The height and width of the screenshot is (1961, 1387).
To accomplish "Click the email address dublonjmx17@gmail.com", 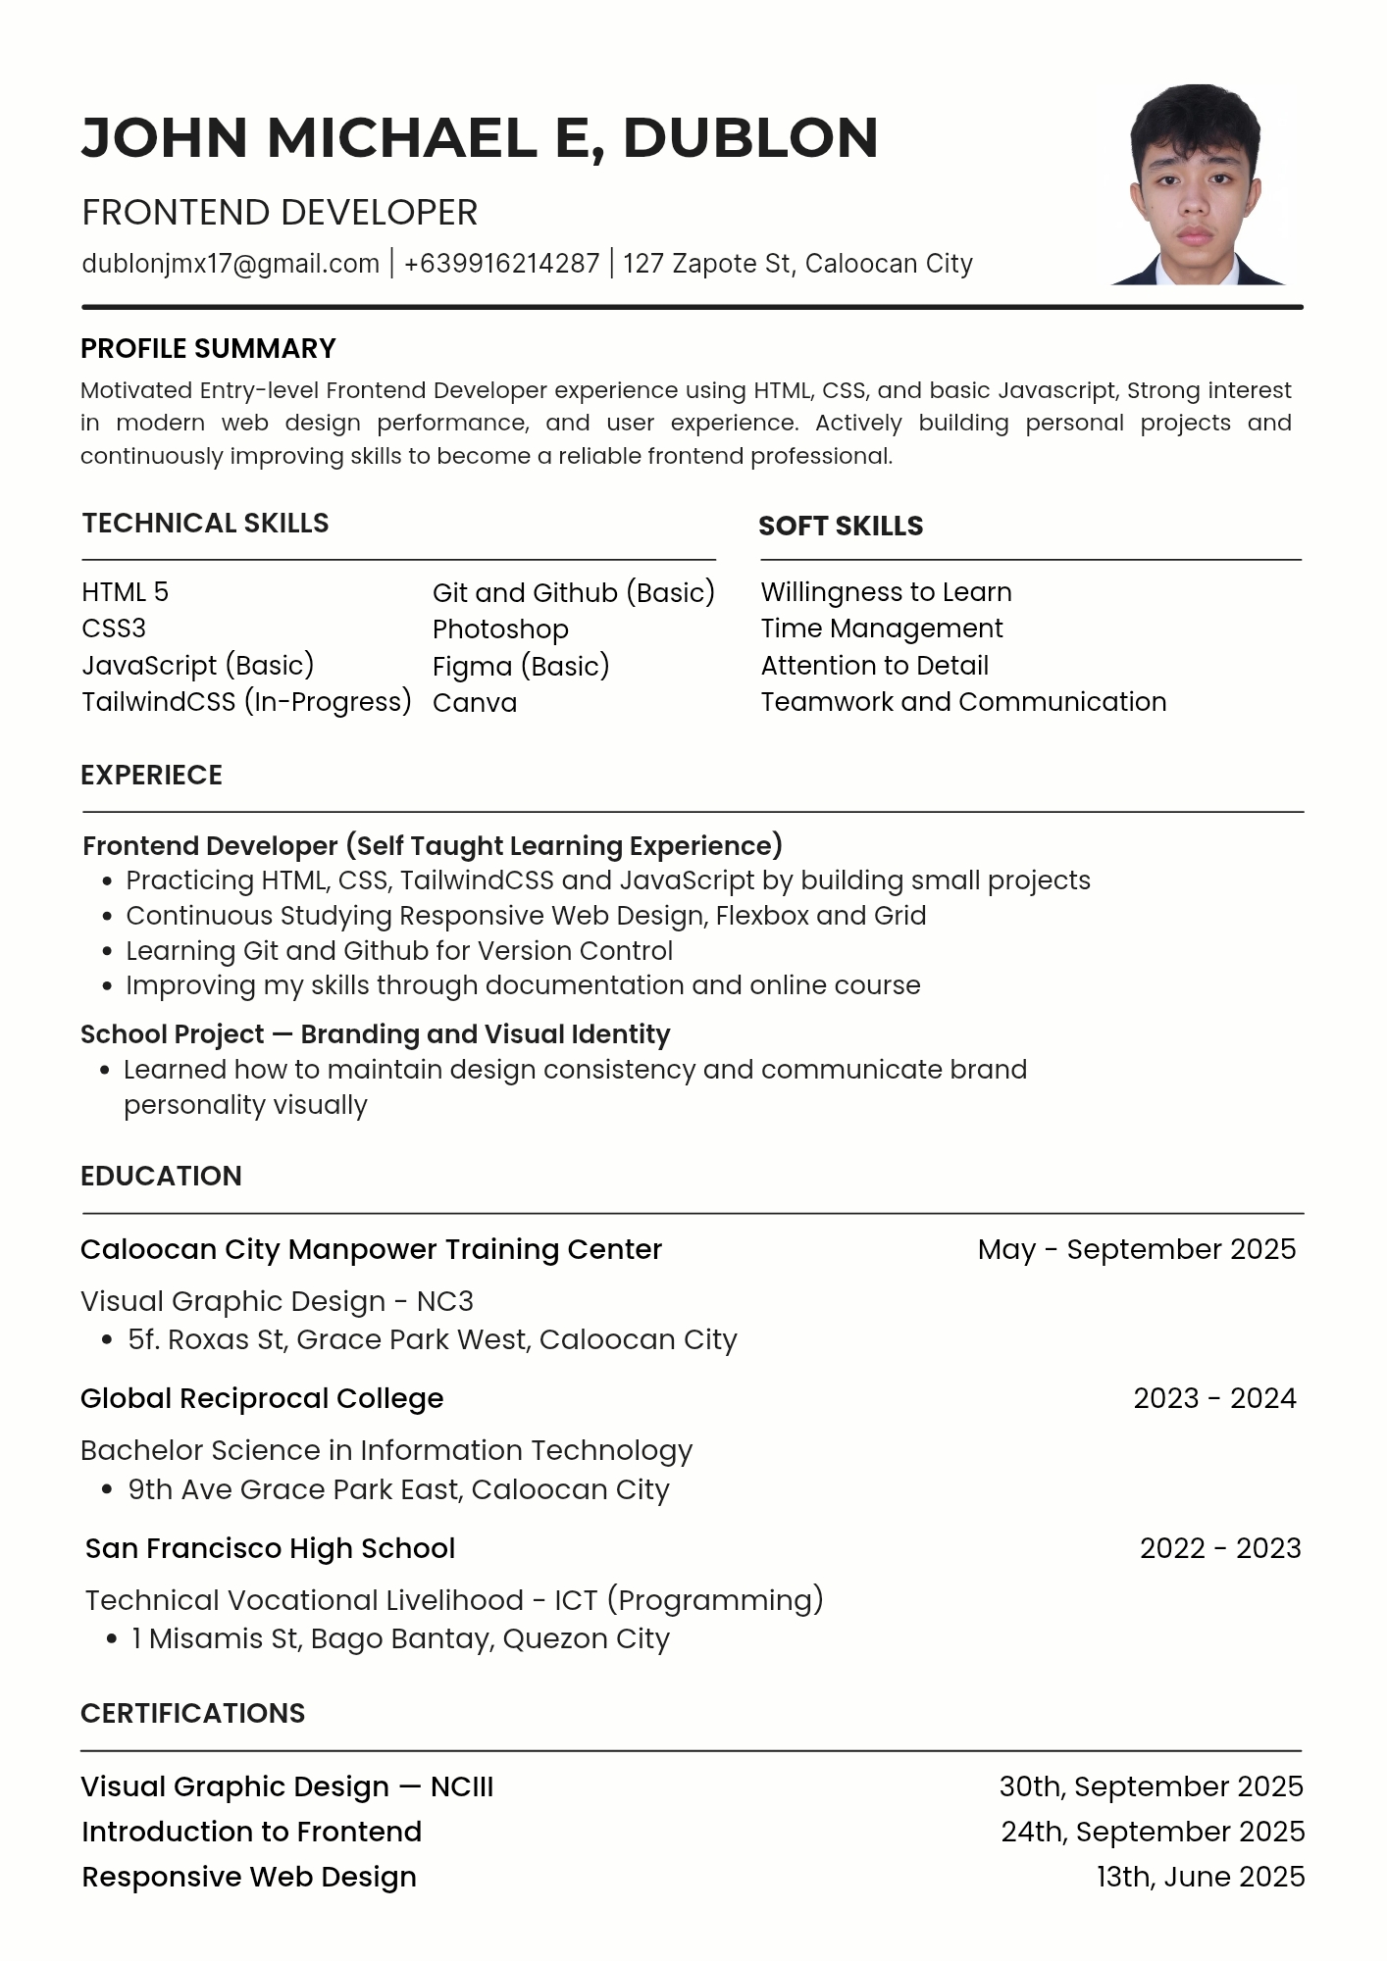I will point(231,264).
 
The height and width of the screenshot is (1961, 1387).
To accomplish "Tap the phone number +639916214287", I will point(501,264).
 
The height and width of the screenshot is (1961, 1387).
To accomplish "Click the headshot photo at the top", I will point(1196,185).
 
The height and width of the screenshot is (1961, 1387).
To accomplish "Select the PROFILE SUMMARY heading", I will point(208,349).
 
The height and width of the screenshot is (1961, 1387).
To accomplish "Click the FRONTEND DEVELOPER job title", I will point(280,213).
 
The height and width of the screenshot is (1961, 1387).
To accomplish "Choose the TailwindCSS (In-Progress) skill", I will point(246,702).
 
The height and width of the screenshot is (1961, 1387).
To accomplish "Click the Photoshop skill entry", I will point(500,629).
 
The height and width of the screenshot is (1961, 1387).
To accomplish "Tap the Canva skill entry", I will point(475,703).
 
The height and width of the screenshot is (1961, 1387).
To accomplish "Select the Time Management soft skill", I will point(882,629).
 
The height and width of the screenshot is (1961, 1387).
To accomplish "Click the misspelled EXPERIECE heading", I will point(151,776).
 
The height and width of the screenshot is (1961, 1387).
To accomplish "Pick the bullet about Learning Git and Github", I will point(399,951).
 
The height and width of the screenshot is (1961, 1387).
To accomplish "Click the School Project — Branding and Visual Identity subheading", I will point(375,1034).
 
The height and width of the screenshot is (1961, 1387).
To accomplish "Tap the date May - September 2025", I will point(1136,1249).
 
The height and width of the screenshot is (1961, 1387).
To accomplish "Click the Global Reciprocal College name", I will point(262,1398).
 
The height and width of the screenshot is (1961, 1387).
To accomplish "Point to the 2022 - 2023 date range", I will point(1219,1548).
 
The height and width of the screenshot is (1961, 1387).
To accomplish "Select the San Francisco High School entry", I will point(270,1548).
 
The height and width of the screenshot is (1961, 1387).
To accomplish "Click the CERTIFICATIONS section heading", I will point(192,1713).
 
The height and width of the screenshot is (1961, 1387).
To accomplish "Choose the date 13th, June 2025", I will point(1200,1877).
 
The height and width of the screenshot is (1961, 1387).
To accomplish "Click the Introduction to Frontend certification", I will point(251,1832).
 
